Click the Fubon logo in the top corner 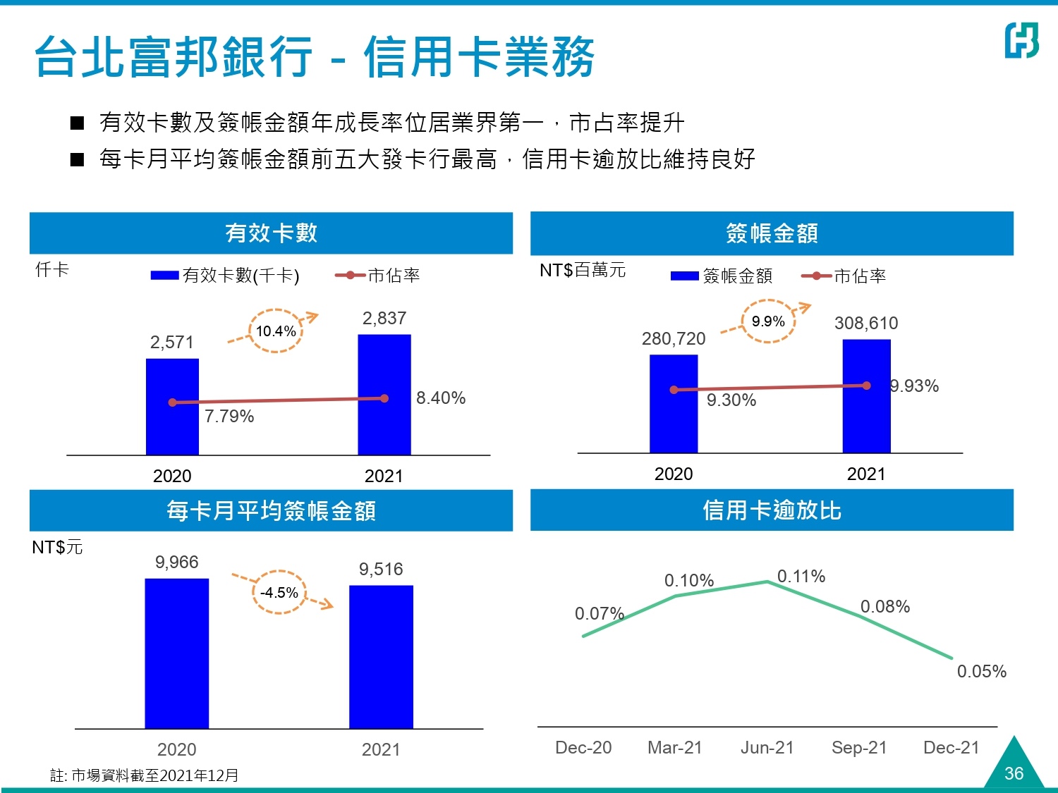[1021, 39]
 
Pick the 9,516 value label [381, 569]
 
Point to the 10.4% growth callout [276, 331]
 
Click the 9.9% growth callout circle [768, 321]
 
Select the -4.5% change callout [279, 592]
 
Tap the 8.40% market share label [441, 398]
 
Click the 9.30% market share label [731, 400]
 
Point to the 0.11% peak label [801, 577]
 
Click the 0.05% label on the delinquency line [981, 671]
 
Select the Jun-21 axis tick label [767, 747]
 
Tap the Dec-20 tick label [583, 747]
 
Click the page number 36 [1014, 773]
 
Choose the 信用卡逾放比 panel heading [772, 510]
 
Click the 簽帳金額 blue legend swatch [684, 276]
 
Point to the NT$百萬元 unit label [583, 270]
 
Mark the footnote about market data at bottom [145, 775]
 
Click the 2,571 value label [171, 343]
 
